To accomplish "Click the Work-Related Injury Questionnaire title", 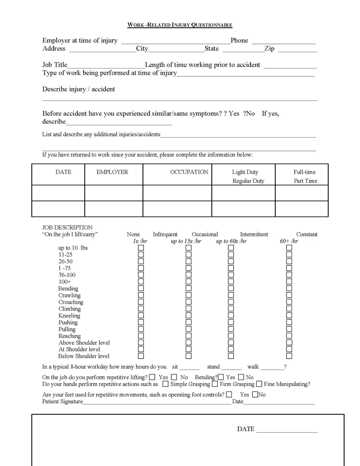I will pos(180,25).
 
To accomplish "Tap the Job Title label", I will pos(55,65).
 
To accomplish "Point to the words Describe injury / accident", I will pos(78,89).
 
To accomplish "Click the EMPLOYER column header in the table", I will pos(112,172).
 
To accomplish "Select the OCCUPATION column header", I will pos(189,172).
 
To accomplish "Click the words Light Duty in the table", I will pos(245,172).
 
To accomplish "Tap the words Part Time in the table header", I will pos(305,181).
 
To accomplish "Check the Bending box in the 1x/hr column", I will pos(141,288).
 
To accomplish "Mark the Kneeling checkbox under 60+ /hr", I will pos(289,315).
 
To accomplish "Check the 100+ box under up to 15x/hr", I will pos(188,282).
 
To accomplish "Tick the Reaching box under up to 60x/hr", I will pos(231,336).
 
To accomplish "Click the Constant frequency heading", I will pos(306,234).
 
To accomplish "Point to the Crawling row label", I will pos(69,295).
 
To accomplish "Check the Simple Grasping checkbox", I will pos(165,384).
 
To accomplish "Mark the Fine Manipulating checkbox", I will pos(259,384).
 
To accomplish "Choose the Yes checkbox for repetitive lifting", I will pos(152,377).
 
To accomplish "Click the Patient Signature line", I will pos(157,402).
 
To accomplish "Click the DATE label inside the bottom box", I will pos(246,429).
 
